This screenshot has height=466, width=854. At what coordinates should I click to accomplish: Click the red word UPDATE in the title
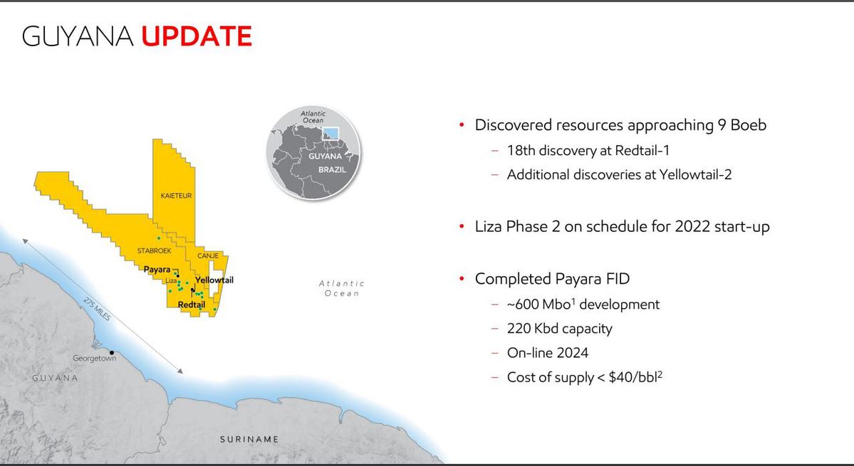click(197, 36)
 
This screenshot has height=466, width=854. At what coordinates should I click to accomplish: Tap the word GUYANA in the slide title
click(78, 36)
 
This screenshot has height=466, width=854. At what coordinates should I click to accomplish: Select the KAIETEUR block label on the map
click(176, 196)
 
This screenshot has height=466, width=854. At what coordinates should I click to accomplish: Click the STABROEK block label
click(154, 250)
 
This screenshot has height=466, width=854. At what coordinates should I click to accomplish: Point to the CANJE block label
click(208, 255)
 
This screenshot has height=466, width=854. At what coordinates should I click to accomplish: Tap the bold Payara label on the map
click(157, 269)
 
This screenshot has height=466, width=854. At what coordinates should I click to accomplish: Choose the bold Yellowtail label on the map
click(214, 280)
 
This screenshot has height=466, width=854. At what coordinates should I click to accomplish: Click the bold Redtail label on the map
click(191, 305)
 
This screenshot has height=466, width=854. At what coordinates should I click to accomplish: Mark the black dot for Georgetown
click(112, 353)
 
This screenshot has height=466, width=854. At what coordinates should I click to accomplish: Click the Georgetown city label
click(94, 359)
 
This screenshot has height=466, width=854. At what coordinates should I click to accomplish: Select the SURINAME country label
click(249, 440)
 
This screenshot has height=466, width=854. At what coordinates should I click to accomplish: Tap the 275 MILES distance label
click(97, 309)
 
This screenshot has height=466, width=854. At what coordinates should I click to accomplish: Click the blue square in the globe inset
click(330, 133)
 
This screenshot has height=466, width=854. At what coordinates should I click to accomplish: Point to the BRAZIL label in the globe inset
click(332, 169)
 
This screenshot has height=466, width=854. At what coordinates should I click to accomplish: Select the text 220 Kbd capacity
click(559, 329)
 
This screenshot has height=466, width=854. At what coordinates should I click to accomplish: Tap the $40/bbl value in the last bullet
click(635, 376)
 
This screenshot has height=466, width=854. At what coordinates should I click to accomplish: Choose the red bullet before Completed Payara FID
click(462, 279)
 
